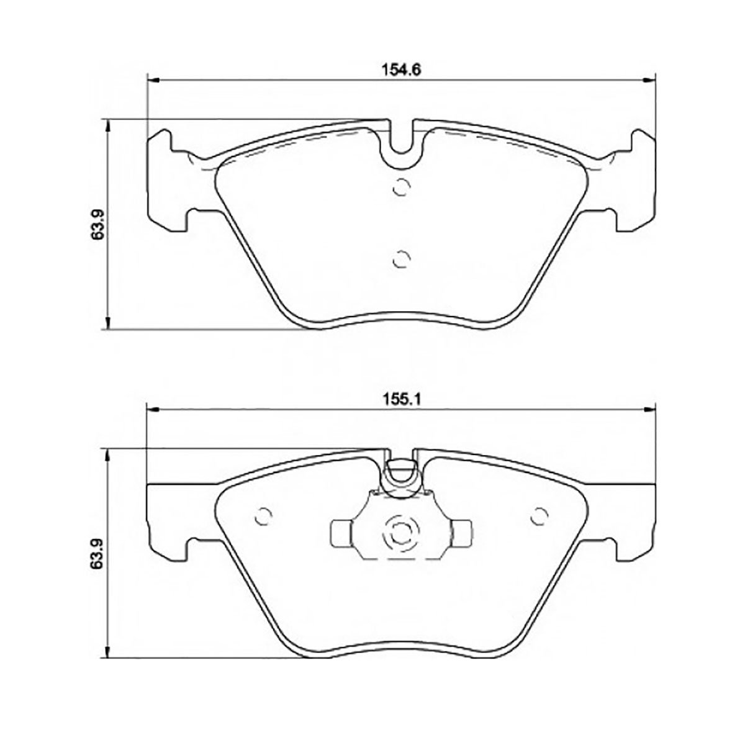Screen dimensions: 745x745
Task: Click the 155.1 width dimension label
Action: (x=401, y=399)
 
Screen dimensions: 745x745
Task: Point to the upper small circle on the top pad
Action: (x=400, y=187)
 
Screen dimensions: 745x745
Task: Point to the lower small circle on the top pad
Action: (x=400, y=259)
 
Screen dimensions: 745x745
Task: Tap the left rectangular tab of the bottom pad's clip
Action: (x=341, y=534)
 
